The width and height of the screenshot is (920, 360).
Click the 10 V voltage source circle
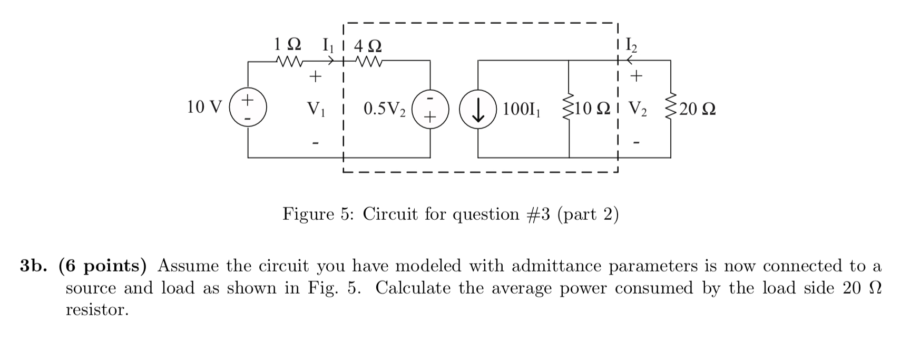(x=248, y=109)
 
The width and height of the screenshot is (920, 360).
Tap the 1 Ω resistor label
(x=288, y=44)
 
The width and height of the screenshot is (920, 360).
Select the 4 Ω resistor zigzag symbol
(x=369, y=62)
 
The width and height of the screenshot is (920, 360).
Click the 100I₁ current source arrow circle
(x=478, y=109)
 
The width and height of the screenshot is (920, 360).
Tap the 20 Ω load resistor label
(x=697, y=110)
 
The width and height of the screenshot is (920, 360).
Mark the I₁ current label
(x=328, y=45)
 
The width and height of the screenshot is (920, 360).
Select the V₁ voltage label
(x=316, y=109)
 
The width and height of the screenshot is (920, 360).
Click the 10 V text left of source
(x=205, y=108)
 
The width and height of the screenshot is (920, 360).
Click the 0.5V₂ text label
(x=385, y=110)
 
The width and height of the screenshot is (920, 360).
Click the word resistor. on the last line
(x=97, y=310)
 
